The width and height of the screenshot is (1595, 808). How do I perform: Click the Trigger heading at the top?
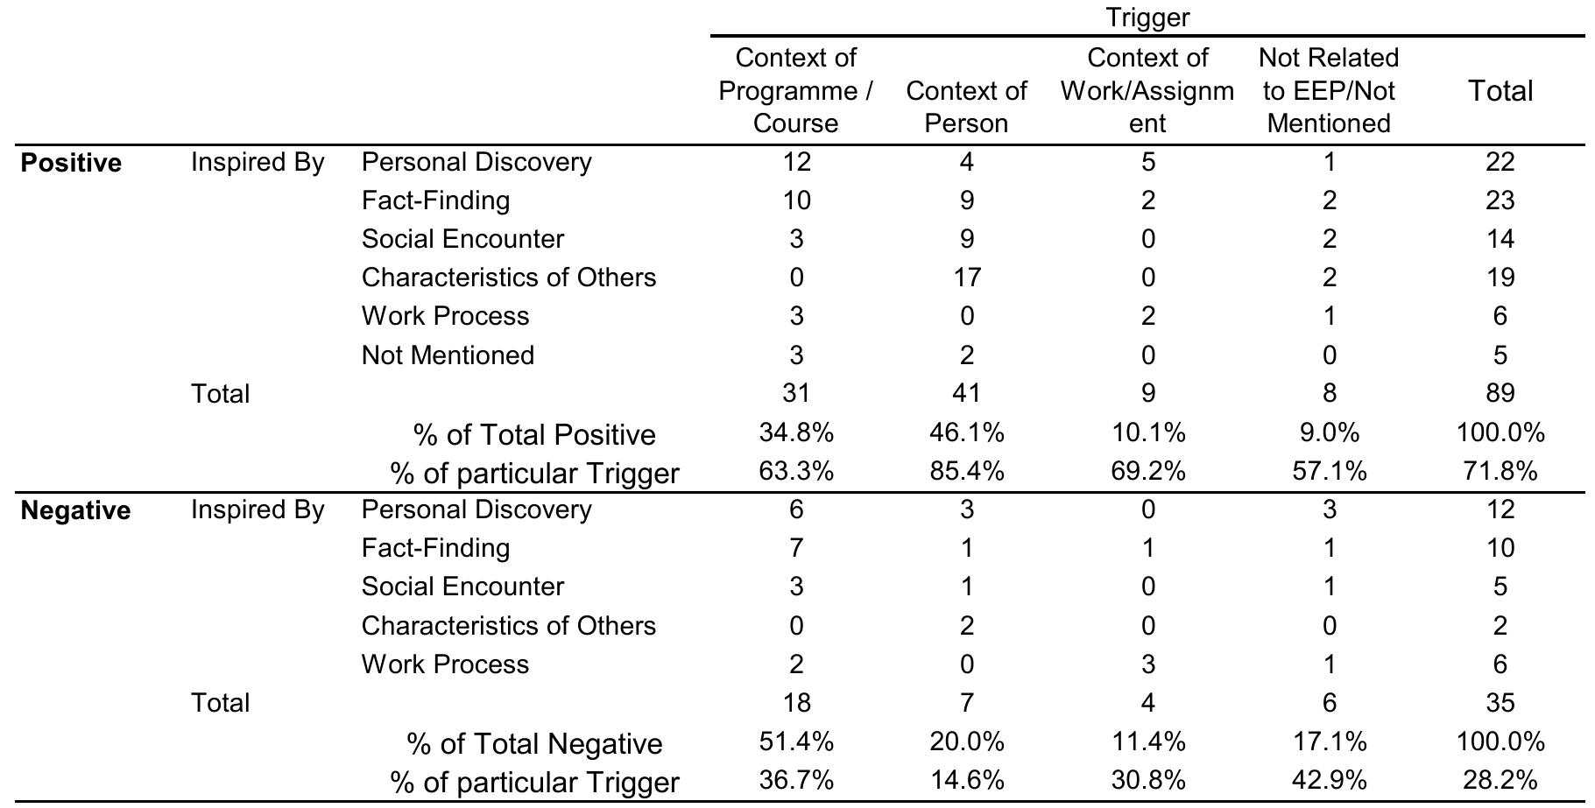[x=1147, y=17]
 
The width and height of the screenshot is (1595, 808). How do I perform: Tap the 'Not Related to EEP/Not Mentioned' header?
[x=1328, y=90]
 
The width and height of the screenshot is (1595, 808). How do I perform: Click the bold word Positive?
[x=71, y=163]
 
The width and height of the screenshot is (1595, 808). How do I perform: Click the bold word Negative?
[x=75, y=510]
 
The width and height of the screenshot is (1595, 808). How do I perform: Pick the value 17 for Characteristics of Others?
[x=966, y=278]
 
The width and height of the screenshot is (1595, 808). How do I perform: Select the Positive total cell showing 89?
[x=1500, y=393]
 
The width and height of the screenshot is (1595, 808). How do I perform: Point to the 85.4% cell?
[x=966, y=472]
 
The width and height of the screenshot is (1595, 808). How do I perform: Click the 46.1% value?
[x=966, y=432]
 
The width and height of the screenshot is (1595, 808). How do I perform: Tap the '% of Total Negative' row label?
[x=534, y=743]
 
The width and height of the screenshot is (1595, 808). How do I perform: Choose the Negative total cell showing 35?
[x=1500, y=703]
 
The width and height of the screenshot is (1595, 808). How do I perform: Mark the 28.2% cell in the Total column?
[x=1500, y=780]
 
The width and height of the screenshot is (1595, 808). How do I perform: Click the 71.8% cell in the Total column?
[x=1500, y=472]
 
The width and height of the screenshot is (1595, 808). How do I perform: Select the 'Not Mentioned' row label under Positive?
[x=448, y=355]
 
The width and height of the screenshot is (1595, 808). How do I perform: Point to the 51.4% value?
[x=795, y=741]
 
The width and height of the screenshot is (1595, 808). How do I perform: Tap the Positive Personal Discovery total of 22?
[x=1500, y=162]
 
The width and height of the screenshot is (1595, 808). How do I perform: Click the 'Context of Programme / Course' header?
[x=795, y=90]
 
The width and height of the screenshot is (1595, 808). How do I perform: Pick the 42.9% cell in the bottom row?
[x=1328, y=780]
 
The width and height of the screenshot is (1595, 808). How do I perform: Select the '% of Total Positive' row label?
[x=534, y=434]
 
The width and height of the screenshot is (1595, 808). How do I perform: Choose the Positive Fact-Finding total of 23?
[x=1500, y=200]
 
